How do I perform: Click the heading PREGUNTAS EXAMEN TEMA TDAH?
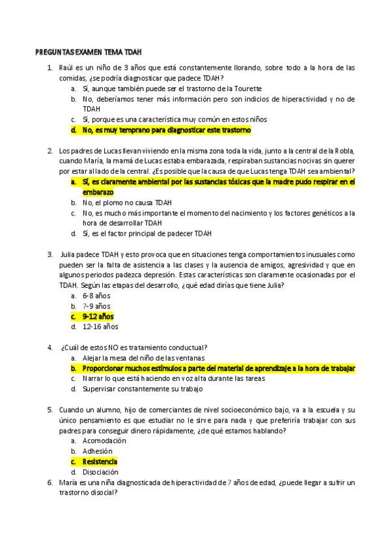click(x=88, y=52)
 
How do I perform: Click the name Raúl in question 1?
click(x=66, y=67)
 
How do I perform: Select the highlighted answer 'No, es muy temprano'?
click(x=166, y=130)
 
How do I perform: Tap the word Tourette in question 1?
click(x=246, y=88)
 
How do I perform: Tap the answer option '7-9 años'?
click(x=96, y=306)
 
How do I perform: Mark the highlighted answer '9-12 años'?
click(x=98, y=316)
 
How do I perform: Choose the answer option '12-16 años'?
click(x=100, y=327)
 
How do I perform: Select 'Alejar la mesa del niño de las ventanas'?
click(x=143, y=358)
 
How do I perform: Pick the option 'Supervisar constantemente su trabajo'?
click(x=143, y=389)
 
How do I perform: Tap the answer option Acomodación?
click(x=105, y=441)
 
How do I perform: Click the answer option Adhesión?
click(x=98, y=451)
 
